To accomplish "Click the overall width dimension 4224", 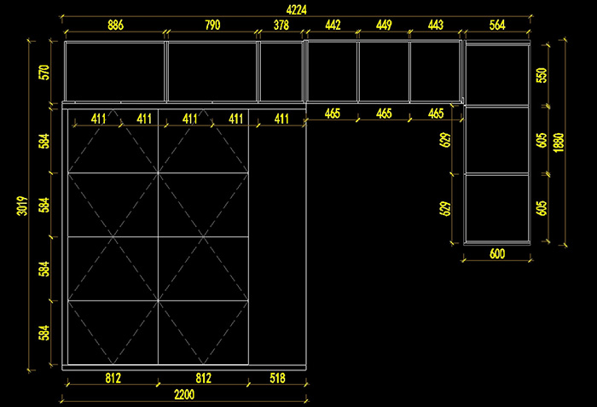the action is coord(297,9).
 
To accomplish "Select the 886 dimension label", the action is coord(115,26).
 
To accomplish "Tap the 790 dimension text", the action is coord(212,26).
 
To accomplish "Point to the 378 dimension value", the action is coord(281,26).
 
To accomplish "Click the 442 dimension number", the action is coord(333,26).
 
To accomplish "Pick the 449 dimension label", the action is coord(384,26).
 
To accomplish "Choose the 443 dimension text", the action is coord(435,26).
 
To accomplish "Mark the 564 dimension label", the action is coord(497,26).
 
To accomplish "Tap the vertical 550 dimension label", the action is coord(541,74).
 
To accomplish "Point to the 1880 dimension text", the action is coord(559,140).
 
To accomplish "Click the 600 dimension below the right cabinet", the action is coord(497,253).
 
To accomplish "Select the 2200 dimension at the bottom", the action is coord(185,394).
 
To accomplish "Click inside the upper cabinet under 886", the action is coord(115,72).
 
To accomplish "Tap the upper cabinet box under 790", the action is coord(212,72).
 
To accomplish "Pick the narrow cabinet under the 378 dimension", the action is coord(281,72).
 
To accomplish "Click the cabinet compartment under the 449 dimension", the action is coord(384,72).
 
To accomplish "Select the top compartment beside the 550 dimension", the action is coord(497,75).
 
